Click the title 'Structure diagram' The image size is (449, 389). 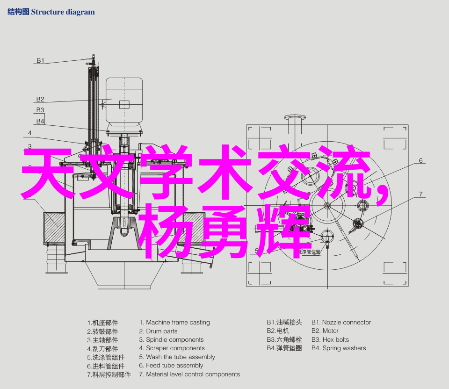tap(63, 12)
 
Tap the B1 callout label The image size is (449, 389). tap(40, 60)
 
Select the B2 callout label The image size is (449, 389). tap(40, 99)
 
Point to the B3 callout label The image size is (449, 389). tap(40, 110)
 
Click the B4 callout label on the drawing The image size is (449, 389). tap(40, 121)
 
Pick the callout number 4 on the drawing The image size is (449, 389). tap(30, 133)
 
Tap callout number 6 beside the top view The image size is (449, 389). tap(420, 160)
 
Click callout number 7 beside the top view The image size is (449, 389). tap(420, 194)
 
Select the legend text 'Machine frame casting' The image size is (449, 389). tap(178, 322)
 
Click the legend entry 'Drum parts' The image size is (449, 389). tap(161, 331)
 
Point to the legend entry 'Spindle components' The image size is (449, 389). tap(174, 340)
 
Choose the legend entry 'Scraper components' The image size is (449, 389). tap(175, 348)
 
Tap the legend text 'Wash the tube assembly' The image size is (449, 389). tap(181, 357)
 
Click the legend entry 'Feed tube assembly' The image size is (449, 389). tap(174, 365)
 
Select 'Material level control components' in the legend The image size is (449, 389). tap(193, 374)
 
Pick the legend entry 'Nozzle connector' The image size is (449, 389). tap(347, 322)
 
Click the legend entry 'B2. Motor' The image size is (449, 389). tap(325, 331)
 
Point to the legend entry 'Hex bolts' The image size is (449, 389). tap(336, 339)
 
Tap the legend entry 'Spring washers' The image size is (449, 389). tap(344, 348)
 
